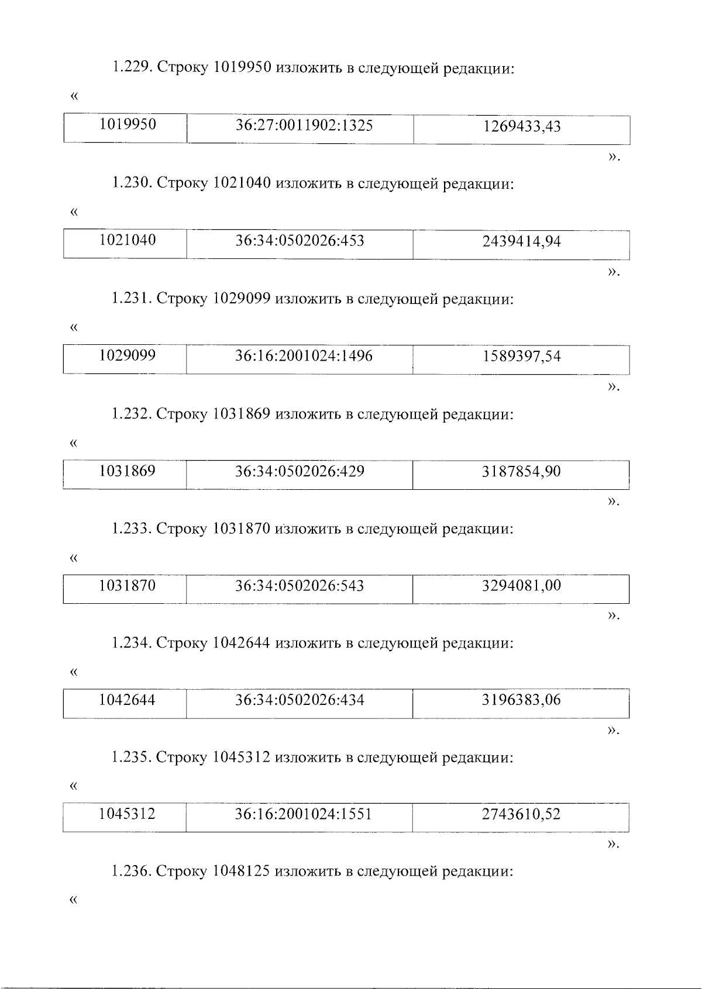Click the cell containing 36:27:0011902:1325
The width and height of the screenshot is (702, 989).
coord(304,126)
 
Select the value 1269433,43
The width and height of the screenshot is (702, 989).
coord(521,126)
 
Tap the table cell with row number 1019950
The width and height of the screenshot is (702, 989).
coord(128,125)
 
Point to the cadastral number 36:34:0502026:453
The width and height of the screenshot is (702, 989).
coord(300,241)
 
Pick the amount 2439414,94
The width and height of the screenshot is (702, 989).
coord(521,241)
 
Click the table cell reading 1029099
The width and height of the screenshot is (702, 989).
coord(128,356)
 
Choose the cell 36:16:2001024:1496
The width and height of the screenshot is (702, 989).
coord(304,356)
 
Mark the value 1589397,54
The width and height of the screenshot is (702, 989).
coord(521,356)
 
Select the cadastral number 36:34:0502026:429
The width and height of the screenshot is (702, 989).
coord(300,471)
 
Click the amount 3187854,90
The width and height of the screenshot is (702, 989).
coord(521,471)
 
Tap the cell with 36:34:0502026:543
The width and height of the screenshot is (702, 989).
coord(300,586)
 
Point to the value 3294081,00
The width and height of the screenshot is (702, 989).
coord(521,586)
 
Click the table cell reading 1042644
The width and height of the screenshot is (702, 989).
coord(128,700)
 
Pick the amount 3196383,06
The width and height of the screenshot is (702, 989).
coord(521,700)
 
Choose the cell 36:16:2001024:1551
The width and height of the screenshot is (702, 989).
coord(304,814)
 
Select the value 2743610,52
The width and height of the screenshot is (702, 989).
coord(521,814)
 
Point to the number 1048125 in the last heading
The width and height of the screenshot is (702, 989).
coord(241,872)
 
